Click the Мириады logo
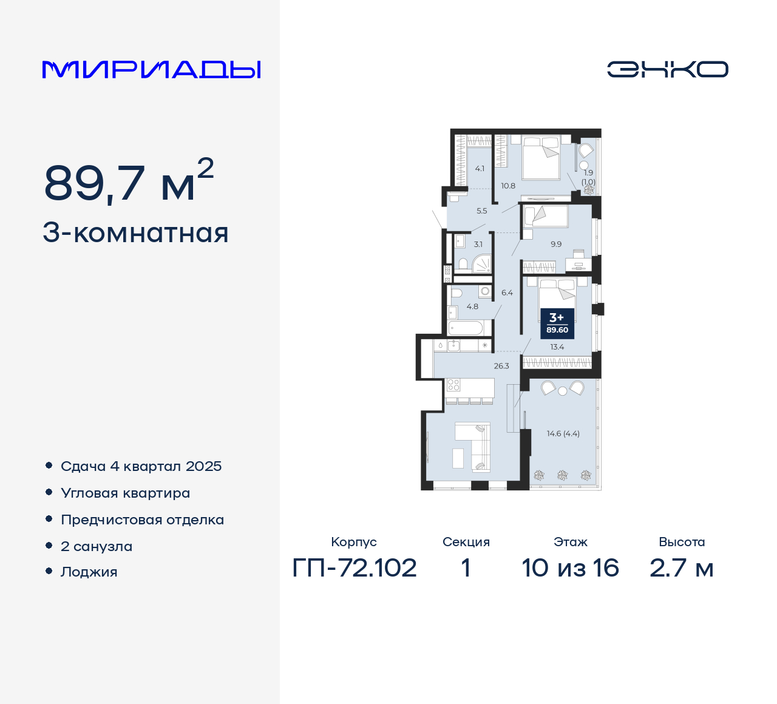(x=151, y=70)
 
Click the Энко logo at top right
(x=667, y=69)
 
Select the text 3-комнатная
(x=135, y=233)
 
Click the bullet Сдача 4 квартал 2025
(x=141, y=466)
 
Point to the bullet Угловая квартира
(x=125, y=493)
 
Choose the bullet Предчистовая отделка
(x=142, y=520)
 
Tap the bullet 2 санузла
(x=96, y=546)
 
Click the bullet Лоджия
(x=89, y=572)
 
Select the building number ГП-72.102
(x=355, y=568)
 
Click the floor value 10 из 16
(x=570, y=568)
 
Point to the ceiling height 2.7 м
(x=681, y=568)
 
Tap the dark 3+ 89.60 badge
(x=557, y=323)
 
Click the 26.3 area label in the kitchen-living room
(x=501, y=366)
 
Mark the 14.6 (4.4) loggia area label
(x=563, y=433)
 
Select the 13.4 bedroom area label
(x=557, y=347)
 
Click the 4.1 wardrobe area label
(x=480, y=169)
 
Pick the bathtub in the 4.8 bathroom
(x=466, y=328)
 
